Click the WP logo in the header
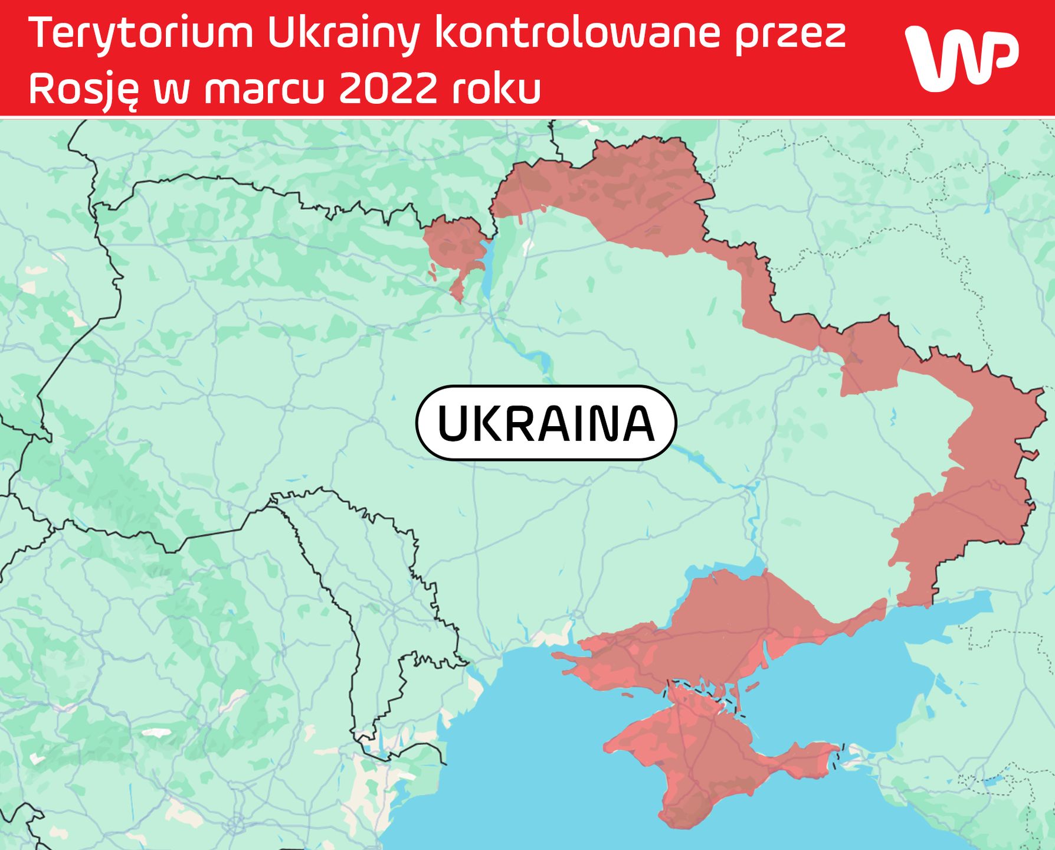click(x=961, y=58)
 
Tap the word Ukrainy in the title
click(x=343, y=34)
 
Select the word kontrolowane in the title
click(x=577, y=33)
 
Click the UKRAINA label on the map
click(x=546, y=423)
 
